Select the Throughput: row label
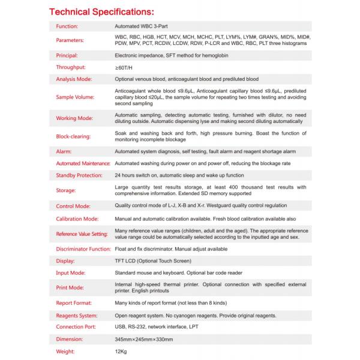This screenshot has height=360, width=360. (x=71, y=67)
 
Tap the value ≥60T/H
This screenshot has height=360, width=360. (x=124, y=67)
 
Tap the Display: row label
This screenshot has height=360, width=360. (x=65, y=261)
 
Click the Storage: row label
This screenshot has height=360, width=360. (x=66, y=190)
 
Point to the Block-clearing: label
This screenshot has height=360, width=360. (x=73, y=136)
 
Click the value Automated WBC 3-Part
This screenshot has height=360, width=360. (x=142, y=27)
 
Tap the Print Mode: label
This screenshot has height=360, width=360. (x=70, y=288)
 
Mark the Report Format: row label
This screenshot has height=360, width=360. (x=74, y=304)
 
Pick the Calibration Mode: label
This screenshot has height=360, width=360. (x=77, y=219)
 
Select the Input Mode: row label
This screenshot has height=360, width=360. (x=71, y=273)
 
